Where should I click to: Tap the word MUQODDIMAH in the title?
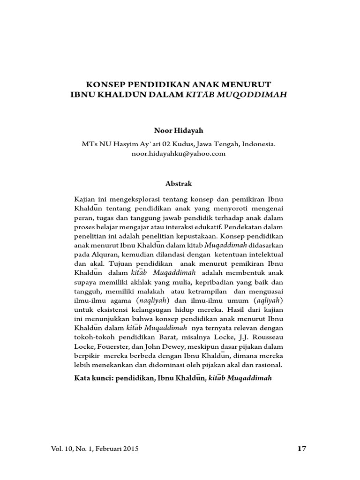tap(253, 94)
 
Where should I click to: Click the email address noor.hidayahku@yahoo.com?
tap(180, 153)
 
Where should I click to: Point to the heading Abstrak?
tap(180, 184)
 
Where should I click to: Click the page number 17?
tap(302, 449)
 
